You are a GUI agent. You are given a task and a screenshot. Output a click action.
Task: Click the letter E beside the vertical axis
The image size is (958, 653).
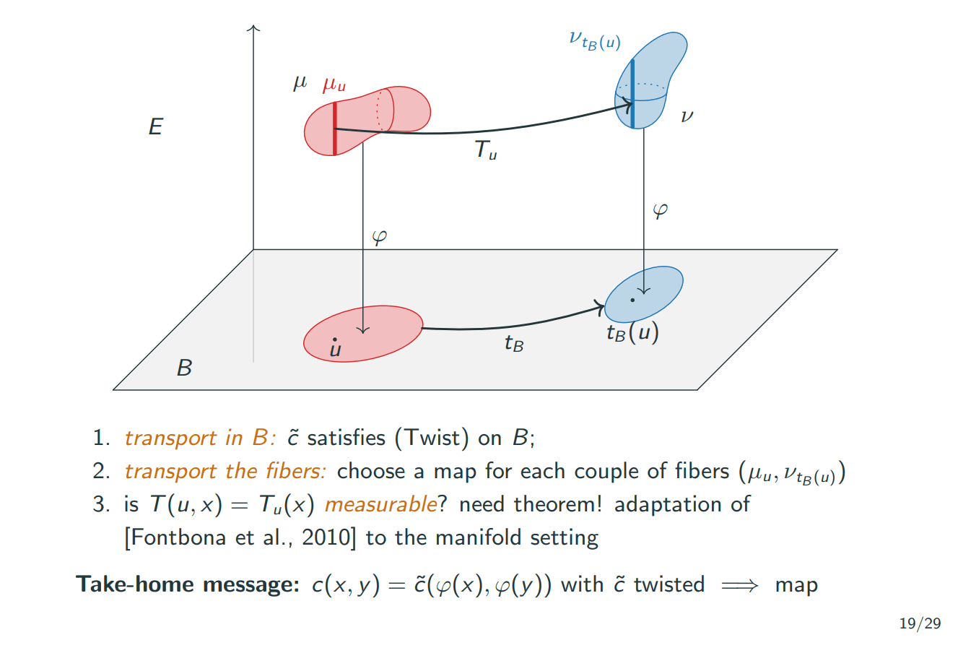click(x=155, y=128)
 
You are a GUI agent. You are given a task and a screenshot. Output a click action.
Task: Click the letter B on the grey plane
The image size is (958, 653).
click(x=185, y=368)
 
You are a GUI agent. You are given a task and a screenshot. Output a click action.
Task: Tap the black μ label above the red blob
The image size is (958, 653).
click(x=300, y=84)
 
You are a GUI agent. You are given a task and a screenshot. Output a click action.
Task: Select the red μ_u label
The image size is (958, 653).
click(x=334, y=86)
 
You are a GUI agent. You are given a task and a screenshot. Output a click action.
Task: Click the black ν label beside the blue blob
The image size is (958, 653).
click(x=687, y=116)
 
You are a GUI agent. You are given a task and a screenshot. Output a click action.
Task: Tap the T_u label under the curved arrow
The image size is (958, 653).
click(x=486, y=150)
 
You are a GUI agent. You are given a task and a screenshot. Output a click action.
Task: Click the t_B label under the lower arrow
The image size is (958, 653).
click(x=514, y=343)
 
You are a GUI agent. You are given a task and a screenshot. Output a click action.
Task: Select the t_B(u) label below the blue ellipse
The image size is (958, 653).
click(x=632, y=332)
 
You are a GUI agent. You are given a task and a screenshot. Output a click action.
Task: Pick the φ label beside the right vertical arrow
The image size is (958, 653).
click(x=660, y=211)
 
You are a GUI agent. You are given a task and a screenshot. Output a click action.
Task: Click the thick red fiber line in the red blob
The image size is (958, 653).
click(x=335, y=129)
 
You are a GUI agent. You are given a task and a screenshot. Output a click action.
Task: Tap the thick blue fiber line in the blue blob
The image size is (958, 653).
click(x=632, y=94)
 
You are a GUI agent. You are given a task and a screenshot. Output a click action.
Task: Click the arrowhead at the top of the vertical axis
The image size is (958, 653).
click(x=253, y=29)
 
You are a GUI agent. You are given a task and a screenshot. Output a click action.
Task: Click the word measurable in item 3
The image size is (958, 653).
click(x=380, y=504)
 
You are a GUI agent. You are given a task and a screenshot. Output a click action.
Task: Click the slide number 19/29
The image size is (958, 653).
click(x=920, y=623)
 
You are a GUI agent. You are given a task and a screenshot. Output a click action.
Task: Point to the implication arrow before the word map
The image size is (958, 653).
click(x=739, y=585)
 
